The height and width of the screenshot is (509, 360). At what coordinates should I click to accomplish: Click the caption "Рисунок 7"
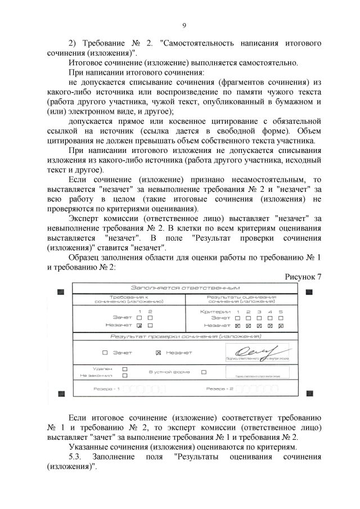pos(303,277)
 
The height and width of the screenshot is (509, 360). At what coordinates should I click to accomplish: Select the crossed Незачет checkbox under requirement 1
pos(139,325)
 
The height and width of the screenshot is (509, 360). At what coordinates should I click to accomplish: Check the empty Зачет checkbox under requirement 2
pos(150,318)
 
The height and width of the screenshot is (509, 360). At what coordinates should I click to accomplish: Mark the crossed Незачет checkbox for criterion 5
pos(281,325)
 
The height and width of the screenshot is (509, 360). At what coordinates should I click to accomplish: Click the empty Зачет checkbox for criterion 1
pos(238,318)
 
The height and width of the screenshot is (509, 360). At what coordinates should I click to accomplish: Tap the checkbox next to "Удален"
pos(125,369)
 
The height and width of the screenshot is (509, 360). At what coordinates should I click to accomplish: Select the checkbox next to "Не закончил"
pos(125,375)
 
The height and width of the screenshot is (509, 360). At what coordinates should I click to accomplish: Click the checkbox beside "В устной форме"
pos(204,372)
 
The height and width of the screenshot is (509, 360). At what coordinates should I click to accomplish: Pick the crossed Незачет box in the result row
pos(158,353)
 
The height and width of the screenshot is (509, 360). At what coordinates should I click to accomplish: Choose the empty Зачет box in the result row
pos(105,353)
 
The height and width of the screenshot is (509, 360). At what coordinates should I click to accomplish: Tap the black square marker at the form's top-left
pos(61,291)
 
